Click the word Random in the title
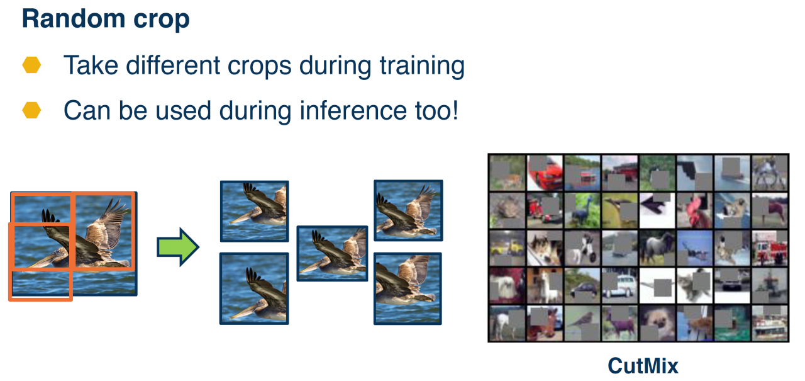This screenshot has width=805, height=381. (74, 19)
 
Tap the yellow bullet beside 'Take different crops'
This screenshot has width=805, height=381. (31, 65)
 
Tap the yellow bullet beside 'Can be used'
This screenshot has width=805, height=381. (31, 110)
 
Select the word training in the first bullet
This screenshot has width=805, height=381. (422, 67)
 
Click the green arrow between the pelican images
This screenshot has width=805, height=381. (178, 247)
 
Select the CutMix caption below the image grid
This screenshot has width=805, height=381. (643, 367)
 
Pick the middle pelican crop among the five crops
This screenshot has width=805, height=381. (332, 253)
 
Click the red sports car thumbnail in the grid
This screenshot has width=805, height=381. (545, 173)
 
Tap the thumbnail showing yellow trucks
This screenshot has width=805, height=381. (507, 248)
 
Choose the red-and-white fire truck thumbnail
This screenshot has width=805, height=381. (770, 248)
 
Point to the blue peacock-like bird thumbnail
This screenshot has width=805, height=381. (582, 210)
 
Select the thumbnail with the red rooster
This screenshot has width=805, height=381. (695, 210)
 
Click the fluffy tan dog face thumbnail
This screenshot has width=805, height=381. (657, 323)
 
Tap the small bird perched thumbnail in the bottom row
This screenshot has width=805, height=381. (582, 323)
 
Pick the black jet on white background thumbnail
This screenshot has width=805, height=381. (657, 210)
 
